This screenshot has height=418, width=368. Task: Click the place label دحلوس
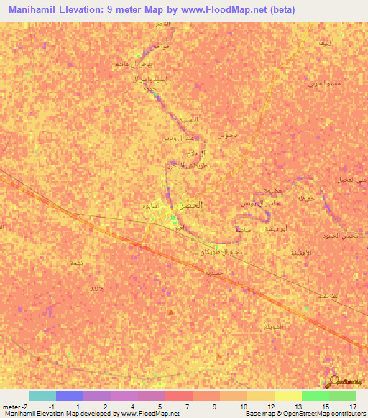point(228,134)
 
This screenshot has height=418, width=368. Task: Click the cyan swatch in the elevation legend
point(42,396)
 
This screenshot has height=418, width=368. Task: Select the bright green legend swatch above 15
point(316,396)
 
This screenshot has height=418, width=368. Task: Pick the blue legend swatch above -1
point(70,396)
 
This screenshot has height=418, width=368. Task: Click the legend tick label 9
point(216,407)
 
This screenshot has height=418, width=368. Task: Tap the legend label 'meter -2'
point(14,407)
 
